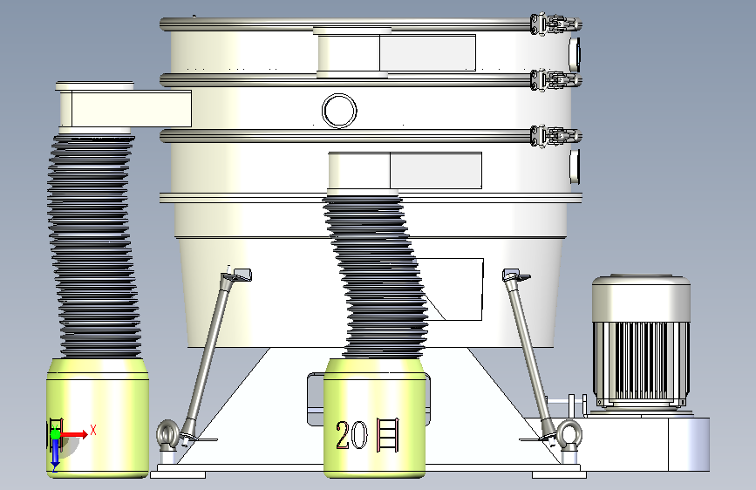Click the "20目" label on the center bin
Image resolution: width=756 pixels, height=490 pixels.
pyautogui.click(x=367, y=435)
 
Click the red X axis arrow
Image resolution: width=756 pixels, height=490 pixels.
pyautogui.click(x=74, y=434)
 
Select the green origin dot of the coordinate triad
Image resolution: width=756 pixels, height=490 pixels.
pyautogui.click(x=55, y=434)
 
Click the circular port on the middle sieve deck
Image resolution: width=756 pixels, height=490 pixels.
pyautogui.click(x=339, y=111)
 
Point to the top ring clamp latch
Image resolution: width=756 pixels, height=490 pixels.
pyautogui.click(x=555, y=24)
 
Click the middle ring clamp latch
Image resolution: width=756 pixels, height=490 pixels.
pyautogui.click(x=555, y=80)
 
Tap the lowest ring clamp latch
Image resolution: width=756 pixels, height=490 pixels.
pyautogui.click(x=555, y=136)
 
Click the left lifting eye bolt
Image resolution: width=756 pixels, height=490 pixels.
pyautogui.click(x=167, y=435)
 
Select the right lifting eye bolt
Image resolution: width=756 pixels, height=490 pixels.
pyautogui.click(x=569, y=435)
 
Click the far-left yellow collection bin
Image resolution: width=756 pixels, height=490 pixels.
pyautogui.click(x=98, y=418)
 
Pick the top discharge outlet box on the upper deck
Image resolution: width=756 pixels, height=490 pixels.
pyautogui.click(x=395, y=52)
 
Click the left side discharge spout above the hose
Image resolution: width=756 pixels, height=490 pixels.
pyautogui.click(x=125, y=107)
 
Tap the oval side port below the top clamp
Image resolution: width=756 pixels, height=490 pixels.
pyautogui.click(x=575, y=53)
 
